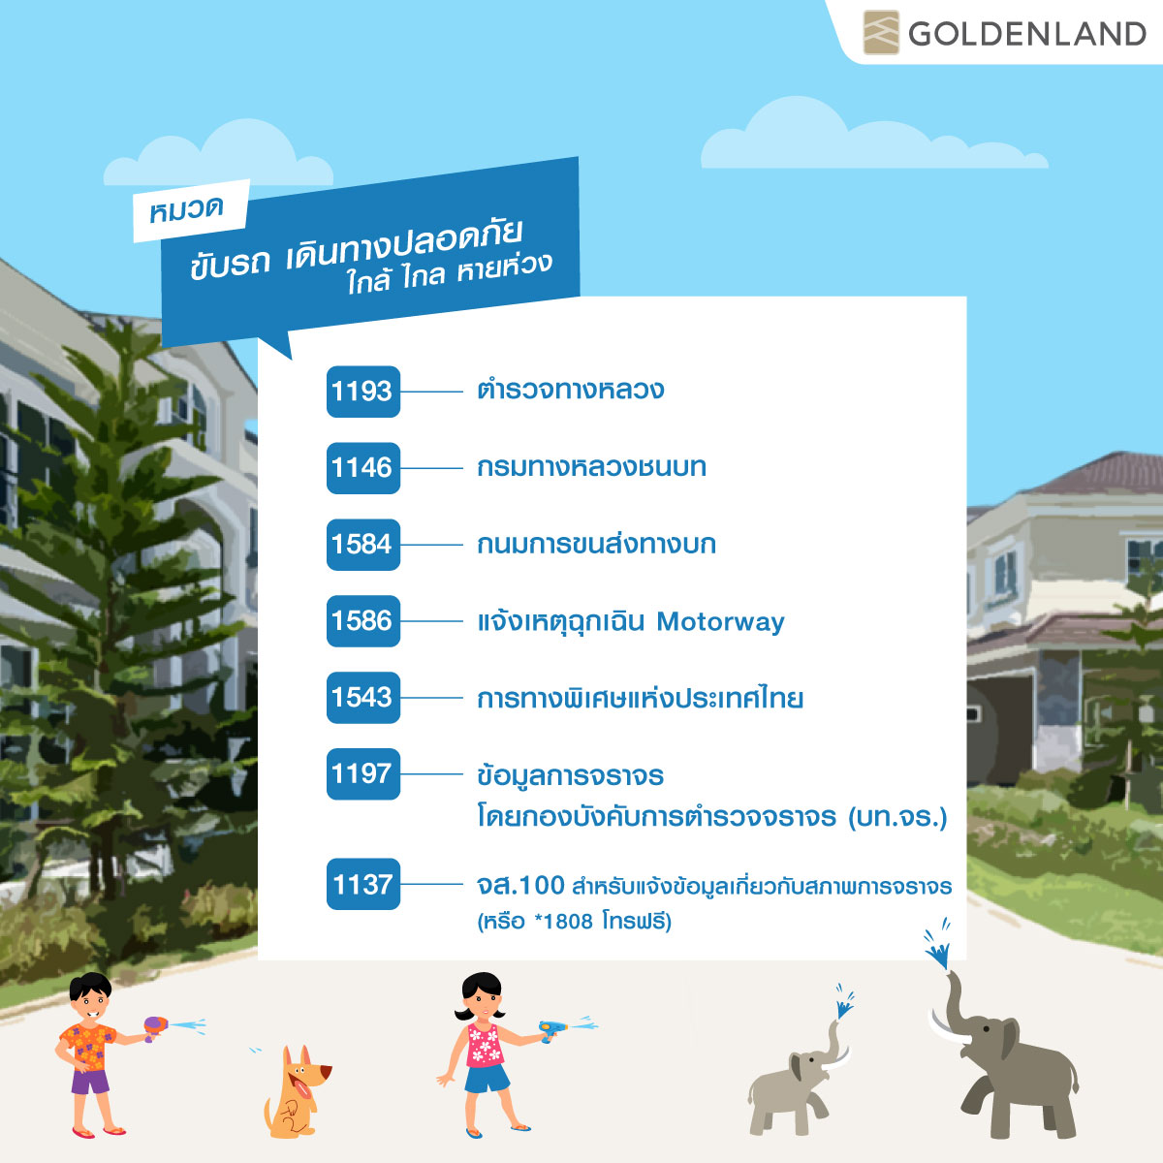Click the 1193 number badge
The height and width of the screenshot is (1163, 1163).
pos(363,392)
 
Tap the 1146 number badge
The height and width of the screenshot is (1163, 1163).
pos(363,468)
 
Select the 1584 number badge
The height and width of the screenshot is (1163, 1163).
pos(363,545)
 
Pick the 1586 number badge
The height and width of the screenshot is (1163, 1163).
pos(363,621)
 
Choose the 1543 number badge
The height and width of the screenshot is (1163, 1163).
pos(363,697)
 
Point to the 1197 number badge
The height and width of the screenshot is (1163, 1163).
pos(363,773)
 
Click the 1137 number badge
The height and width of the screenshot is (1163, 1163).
pos(363,884)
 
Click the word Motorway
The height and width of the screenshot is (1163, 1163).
pos(721,621)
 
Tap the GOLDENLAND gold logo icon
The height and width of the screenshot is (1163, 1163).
pos(881,33)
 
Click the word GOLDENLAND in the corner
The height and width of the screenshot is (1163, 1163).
pos(1027,34)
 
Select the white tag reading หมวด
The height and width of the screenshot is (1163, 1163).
pos(191,210)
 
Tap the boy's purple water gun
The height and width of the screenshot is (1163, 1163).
pos(155,1025)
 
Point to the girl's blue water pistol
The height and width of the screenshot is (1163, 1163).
pos(552,1028)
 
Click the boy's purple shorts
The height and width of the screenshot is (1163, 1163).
pos(90,1082)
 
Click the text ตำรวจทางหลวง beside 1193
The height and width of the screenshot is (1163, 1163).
pos(570,390)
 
